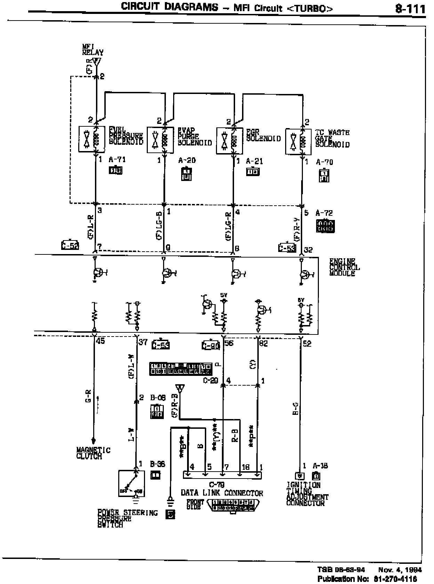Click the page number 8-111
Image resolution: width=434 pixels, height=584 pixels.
point(410,8)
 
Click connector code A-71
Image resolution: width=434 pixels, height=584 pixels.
point(117,160)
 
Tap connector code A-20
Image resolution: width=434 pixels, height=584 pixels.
point(187,160)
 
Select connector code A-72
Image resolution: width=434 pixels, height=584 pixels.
point(324,213)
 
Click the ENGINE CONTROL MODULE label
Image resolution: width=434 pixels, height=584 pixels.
point(344,267)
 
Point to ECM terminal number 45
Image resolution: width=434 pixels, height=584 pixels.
point(100,341)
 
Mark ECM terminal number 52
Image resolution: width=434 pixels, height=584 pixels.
point(307,344)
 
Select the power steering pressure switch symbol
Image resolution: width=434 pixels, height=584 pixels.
point(131,483)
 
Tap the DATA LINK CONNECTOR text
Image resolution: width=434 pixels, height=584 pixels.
point(222,493)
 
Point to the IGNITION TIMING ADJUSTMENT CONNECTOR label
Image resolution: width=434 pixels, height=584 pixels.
point(307,494)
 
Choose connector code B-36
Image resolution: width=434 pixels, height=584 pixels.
point(157,464)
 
